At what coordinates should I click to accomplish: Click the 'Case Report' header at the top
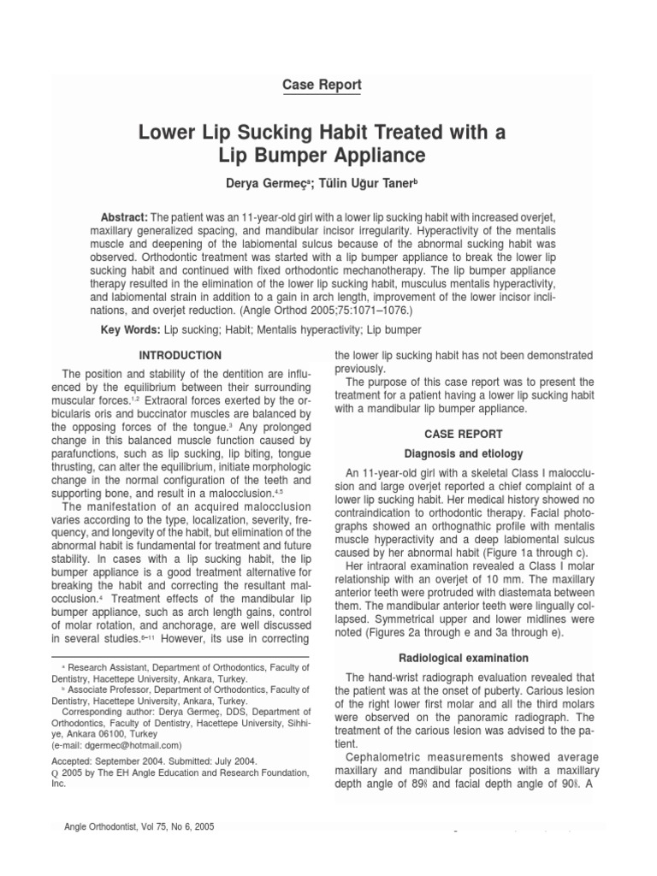(x=321, y=85)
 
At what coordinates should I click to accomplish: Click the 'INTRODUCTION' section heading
(x=180, y=356)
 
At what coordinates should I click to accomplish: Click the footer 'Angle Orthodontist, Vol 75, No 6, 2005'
(x=139, y=828)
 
